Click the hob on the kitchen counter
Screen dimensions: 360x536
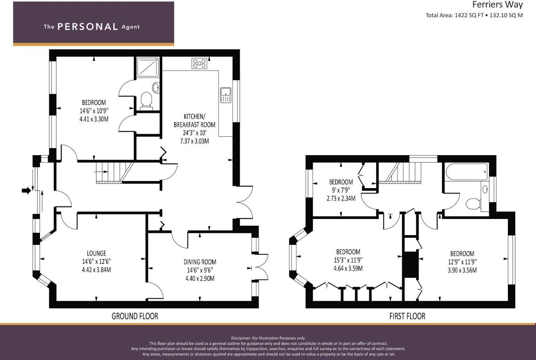pos(199,64)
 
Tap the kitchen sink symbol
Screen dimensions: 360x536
pos(225,95)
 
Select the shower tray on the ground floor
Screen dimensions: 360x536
pos(148,67)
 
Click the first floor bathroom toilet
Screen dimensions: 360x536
pos(474,204)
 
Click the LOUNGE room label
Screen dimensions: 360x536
pos(97,253)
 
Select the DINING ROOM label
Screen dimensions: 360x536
pos(200,262)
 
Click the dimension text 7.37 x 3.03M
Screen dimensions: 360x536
pos(194,141)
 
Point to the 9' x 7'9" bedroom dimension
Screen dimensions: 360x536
pos(341,190)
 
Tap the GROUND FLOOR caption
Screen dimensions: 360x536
pos(135,316)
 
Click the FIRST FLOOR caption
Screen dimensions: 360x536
pos(407,316)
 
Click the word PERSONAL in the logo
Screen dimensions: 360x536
pos(87,27)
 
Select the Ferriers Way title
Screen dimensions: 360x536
pos(497,5)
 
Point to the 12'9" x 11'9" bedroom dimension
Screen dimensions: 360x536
pos(462,262)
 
